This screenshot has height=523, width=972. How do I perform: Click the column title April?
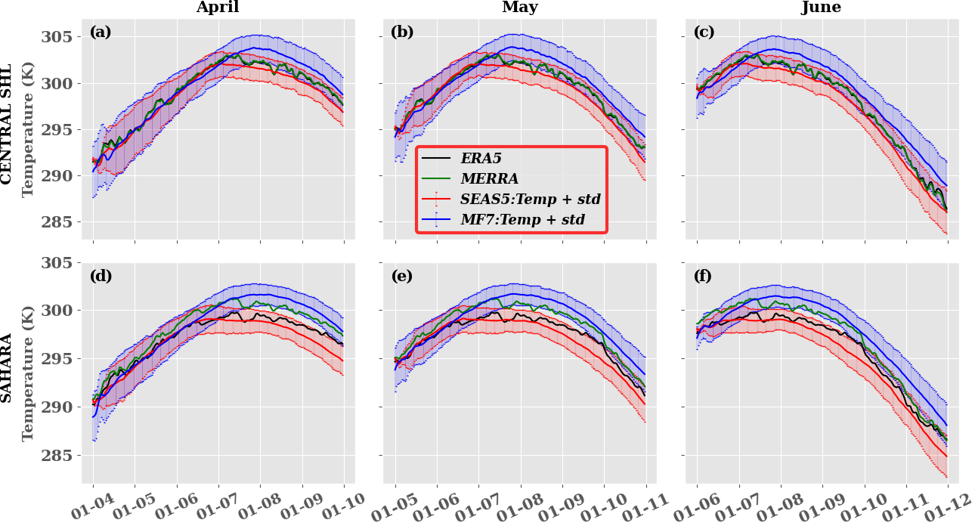[x=218, y=8]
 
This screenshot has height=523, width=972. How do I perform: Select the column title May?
[x=520, y=8]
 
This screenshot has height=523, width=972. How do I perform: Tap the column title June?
[x=822, y=8]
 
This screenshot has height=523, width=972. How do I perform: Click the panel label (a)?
[x=100, y=32]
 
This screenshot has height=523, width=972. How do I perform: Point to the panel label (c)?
[x=704, y=32]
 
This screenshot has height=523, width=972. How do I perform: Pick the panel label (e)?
[x=402, y=276]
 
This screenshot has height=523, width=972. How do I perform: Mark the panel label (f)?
[x=704, y=276]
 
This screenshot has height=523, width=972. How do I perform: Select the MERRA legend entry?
[x=489, y=179]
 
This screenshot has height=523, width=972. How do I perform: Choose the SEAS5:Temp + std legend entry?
[x=530, y=200]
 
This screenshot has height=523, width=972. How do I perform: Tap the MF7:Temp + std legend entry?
[x=522, y=221]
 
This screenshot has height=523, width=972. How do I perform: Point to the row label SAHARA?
[x=8, y=367]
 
